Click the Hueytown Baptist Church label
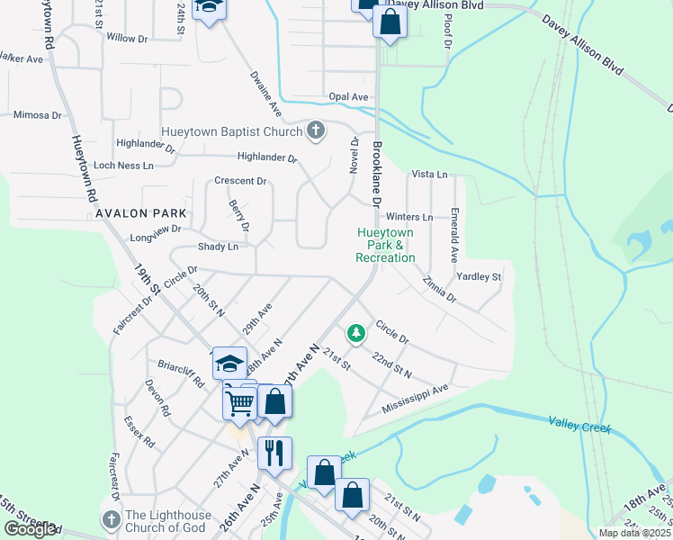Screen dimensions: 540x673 tap(231, 131)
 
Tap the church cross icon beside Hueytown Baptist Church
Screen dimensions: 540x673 tap(315, 131)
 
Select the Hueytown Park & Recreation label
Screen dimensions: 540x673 tap(386, 245)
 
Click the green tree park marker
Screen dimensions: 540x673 tap(357, 334)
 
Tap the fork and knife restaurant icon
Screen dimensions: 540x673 tap(275, 453)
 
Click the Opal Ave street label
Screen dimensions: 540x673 tap(348, 97)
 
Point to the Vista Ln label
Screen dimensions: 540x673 tap(428, 174)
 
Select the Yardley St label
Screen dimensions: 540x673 tap(479, 276)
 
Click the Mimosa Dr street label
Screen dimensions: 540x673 tap(38, 115)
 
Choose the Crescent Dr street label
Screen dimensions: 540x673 tap(240, 181)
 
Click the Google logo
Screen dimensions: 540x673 tap(30, 529)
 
